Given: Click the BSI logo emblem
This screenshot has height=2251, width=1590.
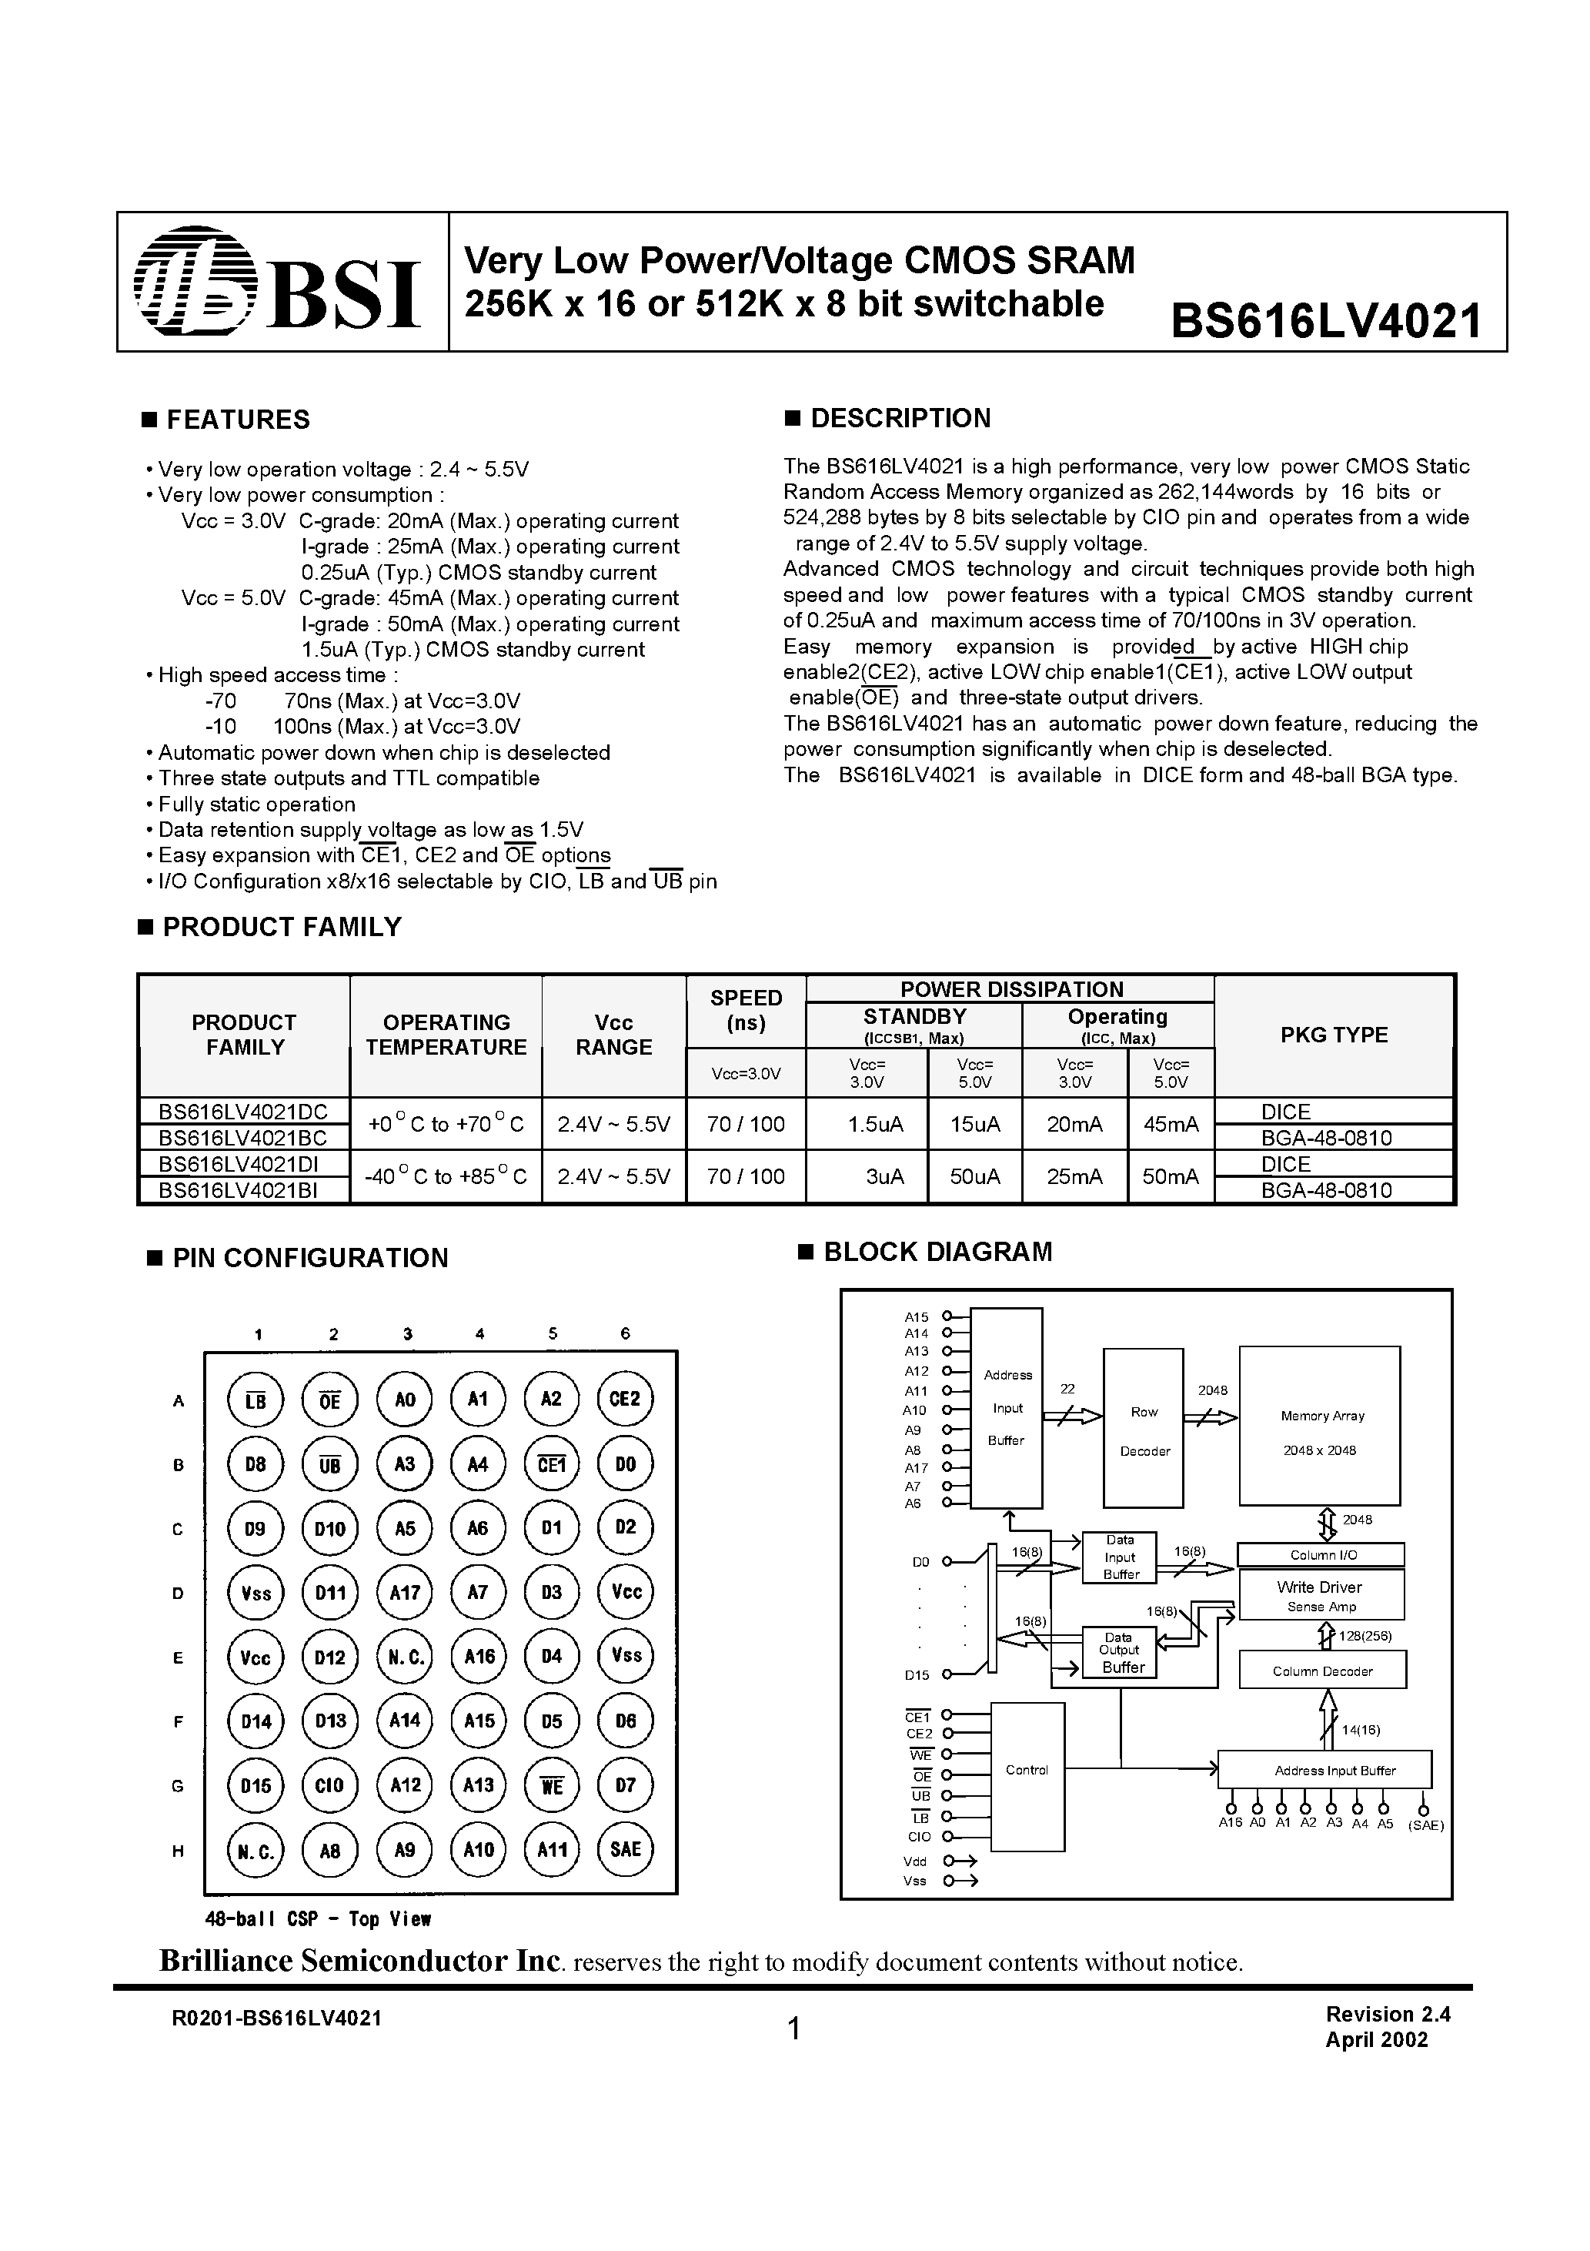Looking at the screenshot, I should click(x=194, y=282).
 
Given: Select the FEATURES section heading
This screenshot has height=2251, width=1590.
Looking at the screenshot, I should click(x=237, y=420).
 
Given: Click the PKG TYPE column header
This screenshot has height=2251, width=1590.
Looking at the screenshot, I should click(x=1333, y=1035).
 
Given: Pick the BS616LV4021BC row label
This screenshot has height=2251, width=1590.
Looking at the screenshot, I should click(x=242, y=1137).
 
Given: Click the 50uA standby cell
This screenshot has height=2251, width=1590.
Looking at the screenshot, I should click(x=974, y=1176).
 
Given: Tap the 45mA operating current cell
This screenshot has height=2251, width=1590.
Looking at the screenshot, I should click(x=1171, y=1125).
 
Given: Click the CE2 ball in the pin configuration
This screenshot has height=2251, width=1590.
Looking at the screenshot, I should click(x=624, y=1399).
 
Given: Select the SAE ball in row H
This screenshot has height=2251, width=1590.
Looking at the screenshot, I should click(x=624, y=1850).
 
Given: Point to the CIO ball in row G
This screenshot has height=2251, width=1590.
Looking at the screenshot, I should click(x=330, y=1785).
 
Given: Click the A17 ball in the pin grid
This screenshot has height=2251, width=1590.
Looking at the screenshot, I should click(x=405, y=1592).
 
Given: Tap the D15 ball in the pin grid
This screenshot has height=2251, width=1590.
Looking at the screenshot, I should click(x=256, y=1785).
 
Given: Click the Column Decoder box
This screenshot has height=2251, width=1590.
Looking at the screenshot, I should click(x=1321, y=1671).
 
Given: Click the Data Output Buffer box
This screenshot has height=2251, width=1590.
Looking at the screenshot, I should click(x=1118, y=1653).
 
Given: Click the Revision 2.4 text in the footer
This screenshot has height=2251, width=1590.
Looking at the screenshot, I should click(x=1387, y=2015).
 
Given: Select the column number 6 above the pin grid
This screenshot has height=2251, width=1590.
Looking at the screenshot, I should click(x=626, y=1333).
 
